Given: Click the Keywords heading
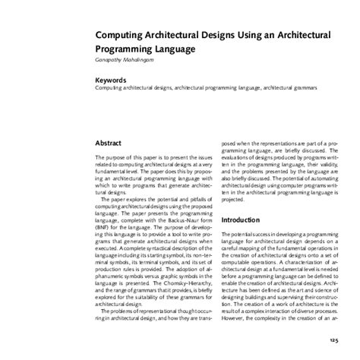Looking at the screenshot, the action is (x=110, y=80).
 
